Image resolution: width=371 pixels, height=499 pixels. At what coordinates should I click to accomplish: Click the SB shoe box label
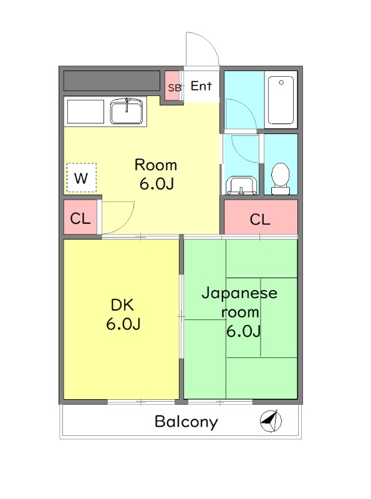[174, 88]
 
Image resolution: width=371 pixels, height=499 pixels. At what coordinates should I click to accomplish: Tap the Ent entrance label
[201, 87]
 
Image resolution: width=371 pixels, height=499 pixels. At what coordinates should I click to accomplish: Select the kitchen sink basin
[128, 113]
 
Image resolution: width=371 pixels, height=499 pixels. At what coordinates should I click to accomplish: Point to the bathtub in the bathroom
[281, 101]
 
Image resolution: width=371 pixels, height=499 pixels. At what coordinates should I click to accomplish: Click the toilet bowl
[281, 176]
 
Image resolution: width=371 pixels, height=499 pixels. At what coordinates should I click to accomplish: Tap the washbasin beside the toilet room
[241, 185]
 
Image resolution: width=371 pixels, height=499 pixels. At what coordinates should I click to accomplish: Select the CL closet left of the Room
[80, 219]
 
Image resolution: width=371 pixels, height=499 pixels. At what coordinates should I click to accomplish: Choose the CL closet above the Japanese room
[260, 220]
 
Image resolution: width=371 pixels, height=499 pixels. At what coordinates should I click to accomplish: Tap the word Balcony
[186, 422]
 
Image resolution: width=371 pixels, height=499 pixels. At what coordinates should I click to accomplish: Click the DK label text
[122, 306]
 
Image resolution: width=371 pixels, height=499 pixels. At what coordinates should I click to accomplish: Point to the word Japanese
[239, 294]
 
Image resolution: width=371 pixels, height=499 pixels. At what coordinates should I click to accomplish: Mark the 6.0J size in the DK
[122, 324]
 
